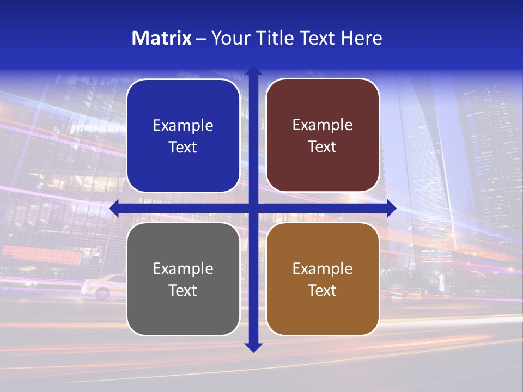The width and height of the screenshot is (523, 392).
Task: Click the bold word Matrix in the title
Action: point(162,38)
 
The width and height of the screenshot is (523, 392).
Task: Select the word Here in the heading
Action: point(361,38)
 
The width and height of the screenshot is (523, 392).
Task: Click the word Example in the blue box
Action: point(183,126)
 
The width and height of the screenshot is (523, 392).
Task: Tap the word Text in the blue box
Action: point(183,147)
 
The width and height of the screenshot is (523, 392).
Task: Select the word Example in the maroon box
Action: point(323,125)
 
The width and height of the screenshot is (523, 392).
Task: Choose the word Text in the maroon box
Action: point(322,146)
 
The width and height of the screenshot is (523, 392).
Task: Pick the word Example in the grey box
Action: point(183,269)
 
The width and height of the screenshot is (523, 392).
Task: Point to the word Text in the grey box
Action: point(183,290)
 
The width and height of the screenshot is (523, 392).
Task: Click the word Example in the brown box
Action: point(323,269)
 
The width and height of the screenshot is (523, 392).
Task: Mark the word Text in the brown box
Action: point(322,290)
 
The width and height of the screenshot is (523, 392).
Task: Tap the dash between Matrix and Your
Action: point(201,39)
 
